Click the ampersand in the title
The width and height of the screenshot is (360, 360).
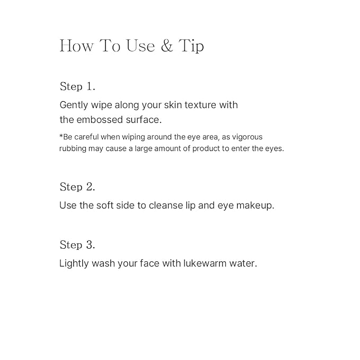[x=166, y=46]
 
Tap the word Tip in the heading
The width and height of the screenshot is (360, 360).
[x=191, y=46]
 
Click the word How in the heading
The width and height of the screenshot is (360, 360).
[x=77, y=46]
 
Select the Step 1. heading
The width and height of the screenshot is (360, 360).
[x=77, y=86]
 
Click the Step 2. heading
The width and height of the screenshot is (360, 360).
[x=77, y=187]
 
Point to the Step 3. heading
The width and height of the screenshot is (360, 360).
[x=77, y=245]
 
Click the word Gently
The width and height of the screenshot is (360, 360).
[x=74, y=106]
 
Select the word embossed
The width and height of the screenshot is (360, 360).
[x=100, y=120]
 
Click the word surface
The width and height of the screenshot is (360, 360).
[x=144, y=120]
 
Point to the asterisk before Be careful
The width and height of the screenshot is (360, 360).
[x=61, y=136]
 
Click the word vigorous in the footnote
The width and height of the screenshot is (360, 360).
[x=247, y=137]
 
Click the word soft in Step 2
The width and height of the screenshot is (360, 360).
[x=104, y=205]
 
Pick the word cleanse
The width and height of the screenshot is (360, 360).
[x=166, y=205]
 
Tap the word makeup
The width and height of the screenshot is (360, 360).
[x=256, y=206]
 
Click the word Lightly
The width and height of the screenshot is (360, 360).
[x=74, y=264]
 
